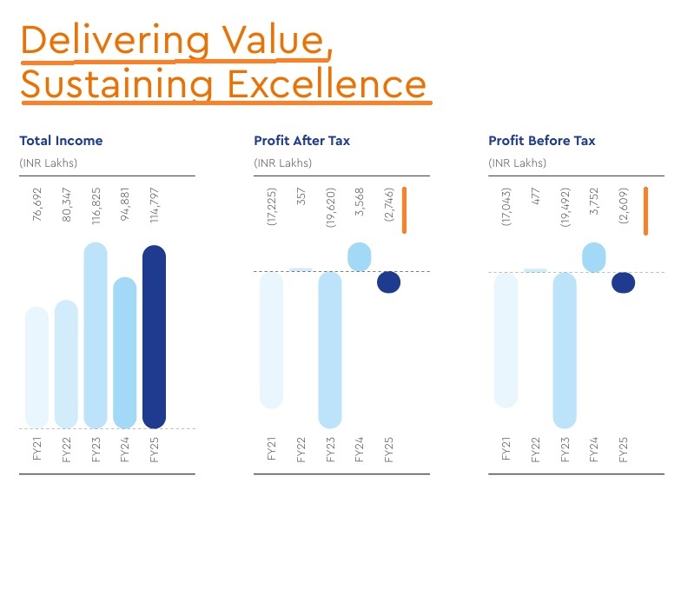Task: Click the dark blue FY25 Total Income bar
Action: point(154,337)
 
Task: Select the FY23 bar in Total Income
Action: point(96,335)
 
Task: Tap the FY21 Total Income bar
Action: point(36,367)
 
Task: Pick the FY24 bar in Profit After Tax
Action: point(360,256)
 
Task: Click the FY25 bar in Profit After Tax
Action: point(388,282)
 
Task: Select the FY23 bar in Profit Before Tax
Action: point(565,350)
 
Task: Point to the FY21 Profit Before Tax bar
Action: point(506,340)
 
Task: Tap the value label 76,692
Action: point(36,209)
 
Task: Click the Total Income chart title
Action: point(61,141)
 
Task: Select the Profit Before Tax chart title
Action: point(542,141)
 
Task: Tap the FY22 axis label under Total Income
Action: point(66,450)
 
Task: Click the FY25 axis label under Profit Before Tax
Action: point(624,450)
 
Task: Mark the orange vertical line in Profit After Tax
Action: point(404,209)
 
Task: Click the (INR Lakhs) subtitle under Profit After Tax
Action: point(282,163)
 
